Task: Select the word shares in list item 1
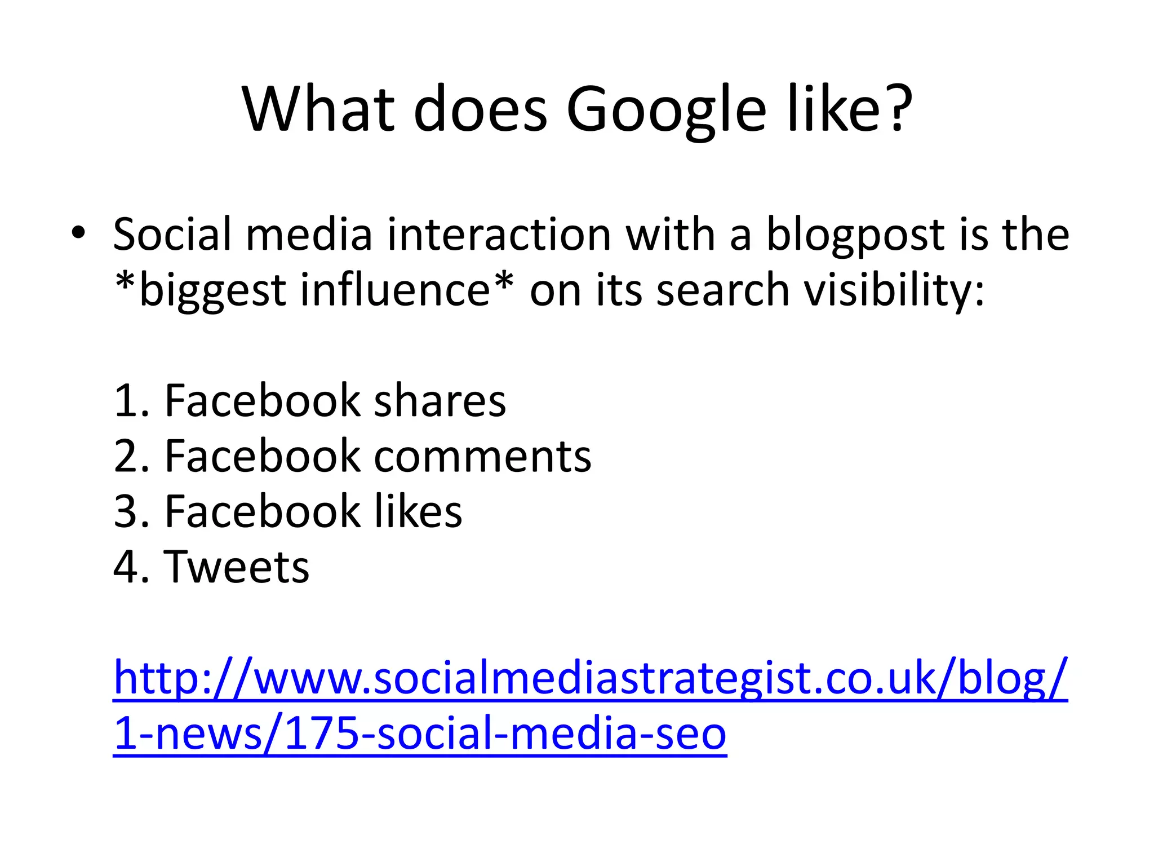tap(440, 401)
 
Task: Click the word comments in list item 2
tap(482, 456)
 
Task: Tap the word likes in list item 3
tap(419, 511)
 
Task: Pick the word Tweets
tap(237, 567)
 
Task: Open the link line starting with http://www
tap(590, 678)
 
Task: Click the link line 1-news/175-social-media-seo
tap(420, 734)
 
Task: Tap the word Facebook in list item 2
tap(262, 456)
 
